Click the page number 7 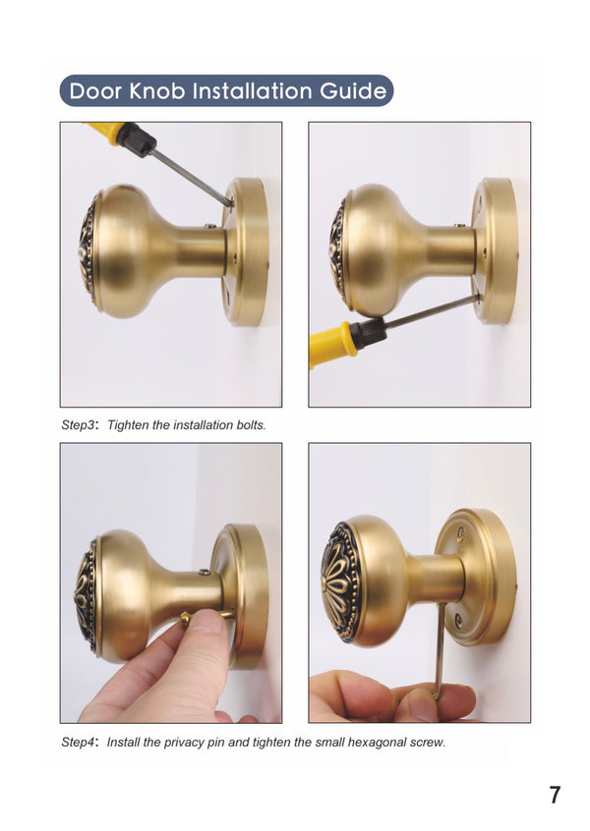555,795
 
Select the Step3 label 81,425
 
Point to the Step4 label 81,742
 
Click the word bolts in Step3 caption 247,425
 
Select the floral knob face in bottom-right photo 340,582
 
